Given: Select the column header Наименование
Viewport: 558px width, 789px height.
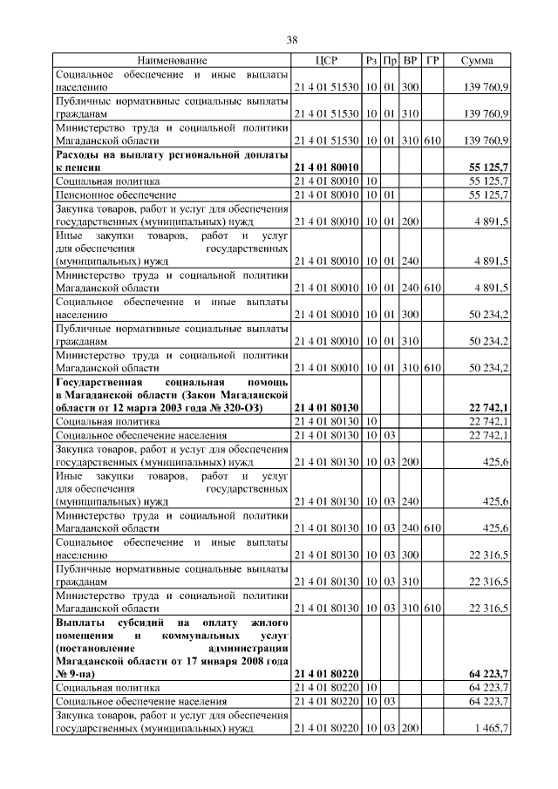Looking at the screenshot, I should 172,61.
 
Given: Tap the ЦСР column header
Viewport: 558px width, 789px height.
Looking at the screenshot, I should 324,61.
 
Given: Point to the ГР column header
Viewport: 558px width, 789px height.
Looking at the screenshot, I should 432,61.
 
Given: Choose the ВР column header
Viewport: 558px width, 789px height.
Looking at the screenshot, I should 411,61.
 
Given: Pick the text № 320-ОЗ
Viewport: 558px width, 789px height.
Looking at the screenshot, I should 248,407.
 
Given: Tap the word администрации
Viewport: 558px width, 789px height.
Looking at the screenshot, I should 249,647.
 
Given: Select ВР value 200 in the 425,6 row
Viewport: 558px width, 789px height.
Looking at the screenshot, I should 411,461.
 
